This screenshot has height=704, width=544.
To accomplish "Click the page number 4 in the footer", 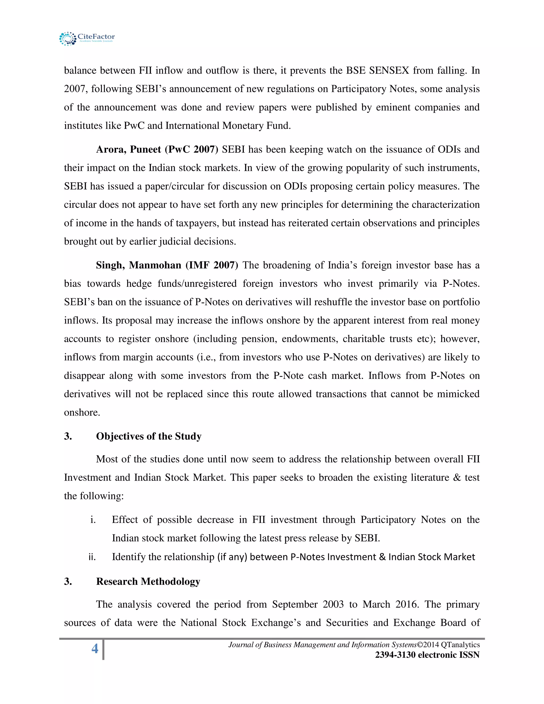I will point(95,648).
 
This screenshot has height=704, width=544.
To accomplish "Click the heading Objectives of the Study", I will point(148,436).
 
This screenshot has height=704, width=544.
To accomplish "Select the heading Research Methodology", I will point(148,581).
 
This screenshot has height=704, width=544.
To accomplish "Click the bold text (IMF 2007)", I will point(212,265).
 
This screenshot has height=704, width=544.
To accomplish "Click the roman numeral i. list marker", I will point(93,520).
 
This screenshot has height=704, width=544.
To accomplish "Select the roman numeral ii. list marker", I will point(92,557).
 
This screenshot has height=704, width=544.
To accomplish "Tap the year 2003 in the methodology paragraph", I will point(333,604).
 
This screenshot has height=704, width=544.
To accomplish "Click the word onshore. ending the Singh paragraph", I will point(82,412).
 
